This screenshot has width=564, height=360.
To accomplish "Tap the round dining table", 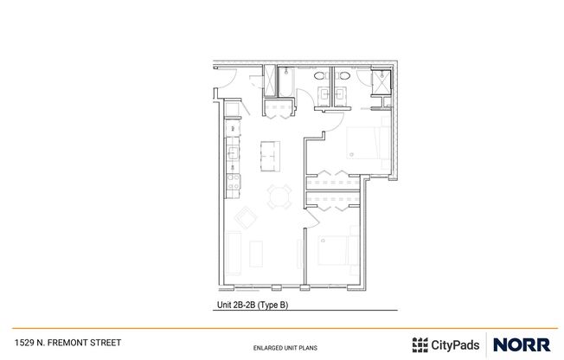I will (x=278, y=196).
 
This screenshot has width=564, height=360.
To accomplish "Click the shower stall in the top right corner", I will (x=380, y=82).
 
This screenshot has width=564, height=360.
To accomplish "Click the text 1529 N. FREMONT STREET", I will (x=67, y=342).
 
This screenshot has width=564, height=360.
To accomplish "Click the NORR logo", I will (x=521, y=344).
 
